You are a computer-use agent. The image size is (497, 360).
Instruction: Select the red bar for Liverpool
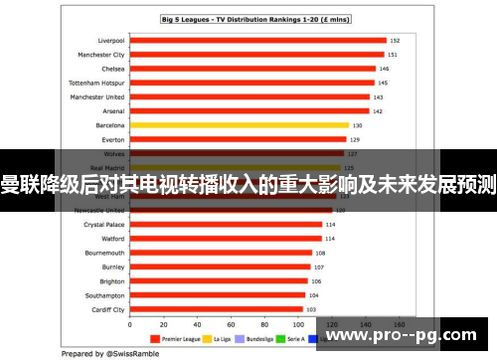257,41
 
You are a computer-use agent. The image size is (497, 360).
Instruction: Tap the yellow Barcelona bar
240,126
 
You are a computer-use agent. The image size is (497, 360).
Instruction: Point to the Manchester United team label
96,97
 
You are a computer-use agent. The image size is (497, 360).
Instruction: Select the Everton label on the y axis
111,140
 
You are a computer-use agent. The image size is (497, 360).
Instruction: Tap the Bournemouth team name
102,254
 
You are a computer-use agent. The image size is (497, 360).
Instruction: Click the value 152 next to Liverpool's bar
395,41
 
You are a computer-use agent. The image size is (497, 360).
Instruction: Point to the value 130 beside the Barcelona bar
357,126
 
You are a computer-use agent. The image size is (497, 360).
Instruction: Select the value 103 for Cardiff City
311,310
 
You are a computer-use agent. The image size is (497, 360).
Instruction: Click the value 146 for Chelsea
384,70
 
